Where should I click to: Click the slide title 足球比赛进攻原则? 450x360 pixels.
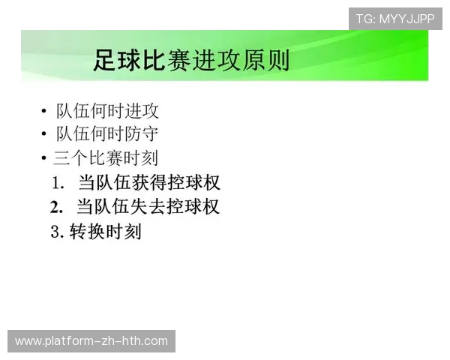click(x=191, y=59)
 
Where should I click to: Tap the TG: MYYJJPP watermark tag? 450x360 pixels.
click(x=395, y=19)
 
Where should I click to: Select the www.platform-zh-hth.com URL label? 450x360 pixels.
click(x=91, y=341)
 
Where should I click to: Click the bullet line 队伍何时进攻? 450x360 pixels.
click(x=107, y=112)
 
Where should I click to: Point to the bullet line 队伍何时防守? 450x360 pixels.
click(x=107, y=135)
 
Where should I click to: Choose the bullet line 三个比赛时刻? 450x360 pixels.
click(x=105, y=158)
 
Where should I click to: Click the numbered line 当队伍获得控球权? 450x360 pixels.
click(x=148, y=182)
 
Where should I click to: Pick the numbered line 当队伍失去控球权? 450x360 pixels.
click(x=148, y=206)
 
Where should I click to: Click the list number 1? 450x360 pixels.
click(x=58, y=183)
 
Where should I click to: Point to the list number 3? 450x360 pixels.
click(x=55, y=232)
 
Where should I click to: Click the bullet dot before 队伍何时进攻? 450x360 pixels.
click(x=45, y=112)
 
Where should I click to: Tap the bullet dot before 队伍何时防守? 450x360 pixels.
click(x=45, y=136)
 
